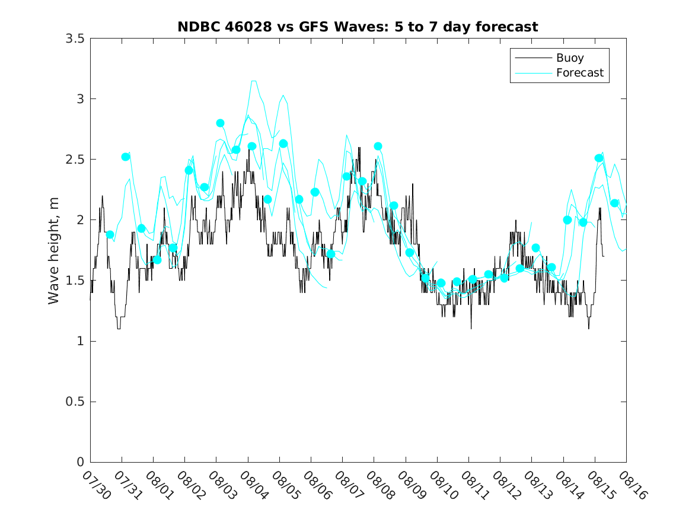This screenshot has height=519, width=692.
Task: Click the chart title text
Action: click(358, 27)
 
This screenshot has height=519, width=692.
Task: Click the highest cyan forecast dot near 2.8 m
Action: click(220, 123)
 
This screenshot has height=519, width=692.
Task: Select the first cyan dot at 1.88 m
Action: click(110, 234)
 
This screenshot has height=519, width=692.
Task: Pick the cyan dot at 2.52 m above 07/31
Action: click(126, 157)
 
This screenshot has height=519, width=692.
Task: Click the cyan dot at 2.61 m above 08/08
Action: click(378, 146)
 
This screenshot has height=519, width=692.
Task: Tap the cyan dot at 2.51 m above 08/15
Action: click(599, 158)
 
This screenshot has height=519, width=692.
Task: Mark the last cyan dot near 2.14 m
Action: click(614, 203)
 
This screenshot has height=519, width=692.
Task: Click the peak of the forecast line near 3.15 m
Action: click(253, 81)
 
